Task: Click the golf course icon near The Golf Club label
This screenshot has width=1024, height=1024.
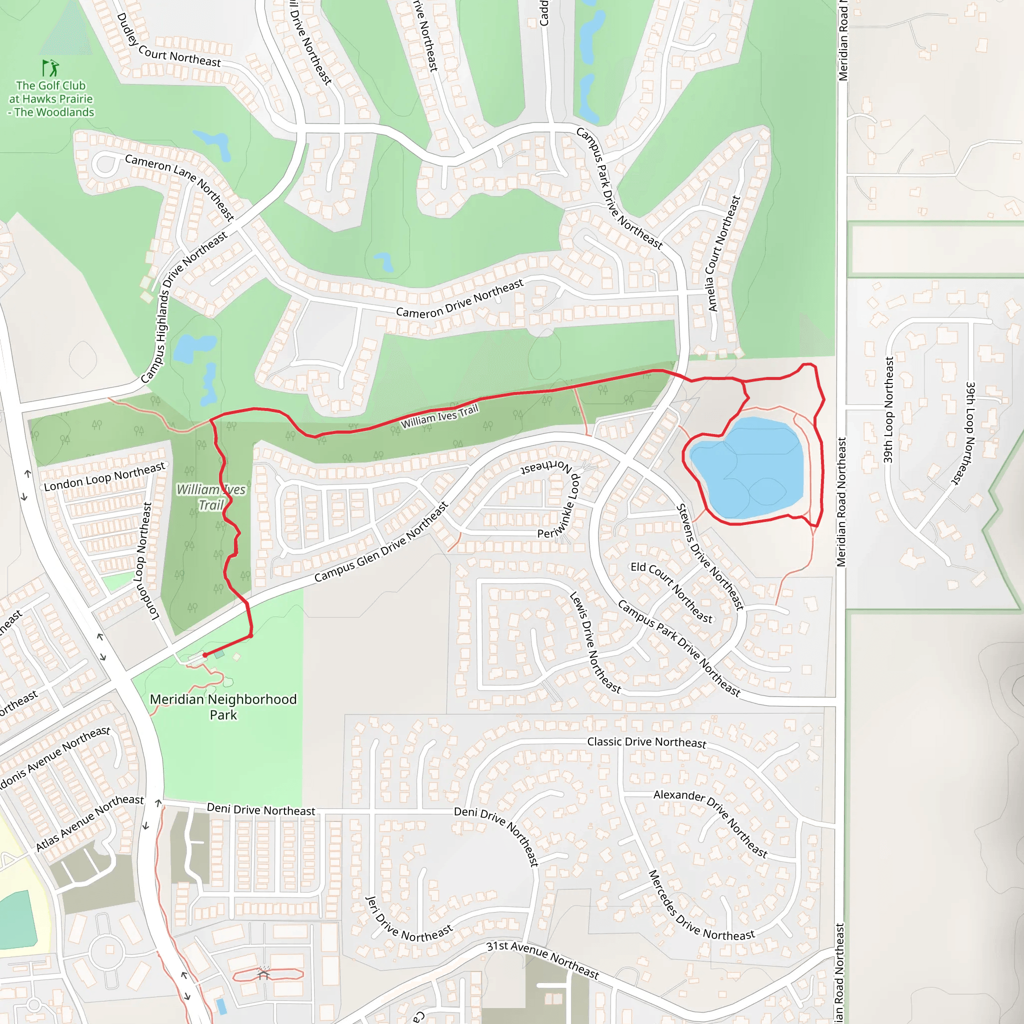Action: [x=50, y=68]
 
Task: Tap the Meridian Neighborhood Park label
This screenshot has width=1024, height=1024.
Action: [x=223, y=706]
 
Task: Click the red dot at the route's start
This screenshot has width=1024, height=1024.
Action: [x=205, y=655]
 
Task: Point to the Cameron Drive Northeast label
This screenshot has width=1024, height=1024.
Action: [x=459, y=299]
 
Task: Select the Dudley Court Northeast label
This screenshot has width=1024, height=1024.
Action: [x=168, y=41]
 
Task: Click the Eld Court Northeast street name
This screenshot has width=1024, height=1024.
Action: [x=671, y=592]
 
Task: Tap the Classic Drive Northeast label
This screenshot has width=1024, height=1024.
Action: [x=646, y=742]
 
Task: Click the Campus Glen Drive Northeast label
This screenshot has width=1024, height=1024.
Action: [x=381, y=542]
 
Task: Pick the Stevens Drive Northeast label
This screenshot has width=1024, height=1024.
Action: [x=710, y=556]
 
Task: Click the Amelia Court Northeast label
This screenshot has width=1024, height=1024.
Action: [x=723, y=253]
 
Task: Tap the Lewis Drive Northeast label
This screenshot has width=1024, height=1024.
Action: [x=594, y=642]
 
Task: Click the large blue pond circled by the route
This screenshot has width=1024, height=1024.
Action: [x=747, y=466]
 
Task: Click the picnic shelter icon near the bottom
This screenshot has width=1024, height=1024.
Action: [x=263, y=974]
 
